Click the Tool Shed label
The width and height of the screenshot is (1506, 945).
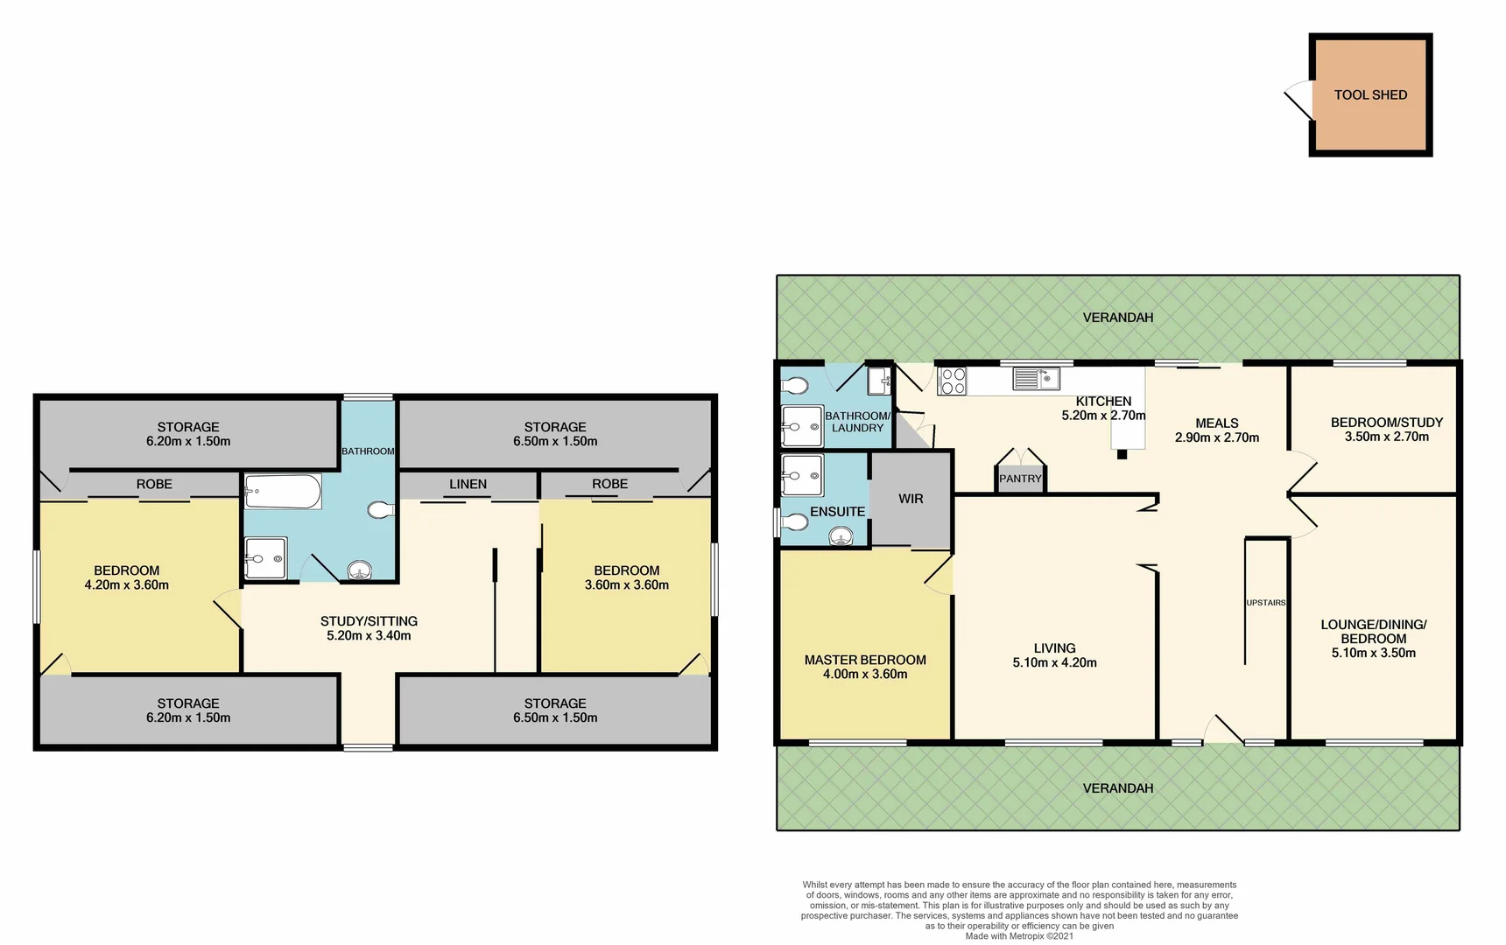[1370, 94]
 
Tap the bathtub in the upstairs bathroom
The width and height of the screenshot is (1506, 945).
[282, 492]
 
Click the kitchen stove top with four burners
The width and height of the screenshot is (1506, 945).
[953, 381]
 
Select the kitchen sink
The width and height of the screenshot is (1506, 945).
[1036, 379]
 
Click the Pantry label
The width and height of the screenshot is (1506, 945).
[1020, 479]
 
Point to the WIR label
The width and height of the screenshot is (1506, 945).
[911, 499]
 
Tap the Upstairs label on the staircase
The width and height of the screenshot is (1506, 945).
[1266, 603]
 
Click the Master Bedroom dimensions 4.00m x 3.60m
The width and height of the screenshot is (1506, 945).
[865, 674]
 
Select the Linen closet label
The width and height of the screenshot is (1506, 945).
[468, 484]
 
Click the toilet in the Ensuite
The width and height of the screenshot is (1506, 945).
[795, 522]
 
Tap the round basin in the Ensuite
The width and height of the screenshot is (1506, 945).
[841, 535]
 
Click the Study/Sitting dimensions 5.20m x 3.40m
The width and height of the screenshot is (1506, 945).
[369, 636]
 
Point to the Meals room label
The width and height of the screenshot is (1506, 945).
[1216, 423]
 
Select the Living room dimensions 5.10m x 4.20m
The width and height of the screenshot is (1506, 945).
[1054, 662]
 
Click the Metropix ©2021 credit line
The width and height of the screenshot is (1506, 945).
[1019, 936]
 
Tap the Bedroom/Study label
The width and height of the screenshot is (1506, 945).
[1386, 423]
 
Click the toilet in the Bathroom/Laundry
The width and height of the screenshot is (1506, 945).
[795, 385]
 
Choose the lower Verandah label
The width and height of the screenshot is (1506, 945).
[1117, 788]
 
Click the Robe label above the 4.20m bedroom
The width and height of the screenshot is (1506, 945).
[154, 484]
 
